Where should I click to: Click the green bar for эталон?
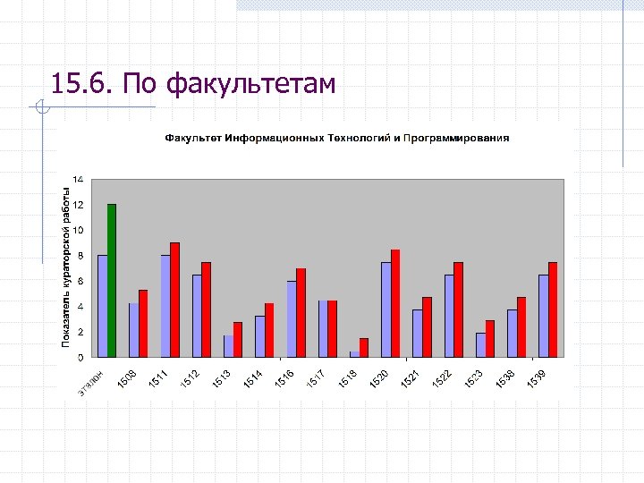(x=112, y=281)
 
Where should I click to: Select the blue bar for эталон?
(x=102, y=306)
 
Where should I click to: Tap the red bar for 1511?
(x=175, y=300)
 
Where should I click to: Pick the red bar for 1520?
(x=395, y=303)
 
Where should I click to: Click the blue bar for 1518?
(x=354, y=354)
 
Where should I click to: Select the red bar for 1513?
(x=238, y=340)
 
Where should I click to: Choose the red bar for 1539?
(x=553, y=309)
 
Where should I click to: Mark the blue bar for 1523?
(x=480, y=345)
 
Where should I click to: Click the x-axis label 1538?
(x=505, y=379)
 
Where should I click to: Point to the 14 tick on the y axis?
(x=79, y=179)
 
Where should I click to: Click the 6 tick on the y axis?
(x=80, y=281)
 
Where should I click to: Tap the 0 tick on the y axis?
(x=80, y=357)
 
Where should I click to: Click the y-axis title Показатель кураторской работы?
(x=65, y=267)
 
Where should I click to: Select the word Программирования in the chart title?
(x=456, y=138)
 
